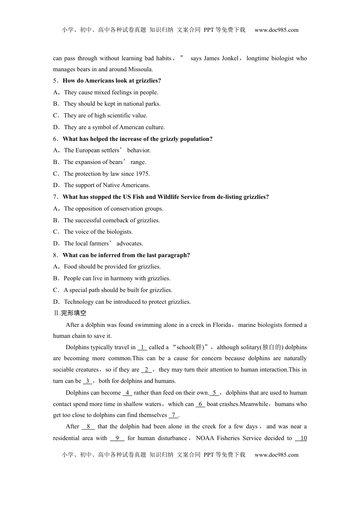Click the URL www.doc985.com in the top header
coord(276,30)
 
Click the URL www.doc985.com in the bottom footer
coord(276,455)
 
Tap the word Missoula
coord(140,69)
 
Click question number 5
coord(55,81)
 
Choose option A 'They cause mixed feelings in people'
coord(111,92)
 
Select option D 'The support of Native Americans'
coord(107,185)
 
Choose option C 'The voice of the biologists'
coord(98,232)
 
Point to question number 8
coord(55,255)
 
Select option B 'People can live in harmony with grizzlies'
coord(117,278)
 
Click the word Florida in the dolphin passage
coord(222,325)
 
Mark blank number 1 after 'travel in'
coord(142,347)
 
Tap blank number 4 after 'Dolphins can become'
coord(127,393)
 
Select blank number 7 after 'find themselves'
coord(173,415)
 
